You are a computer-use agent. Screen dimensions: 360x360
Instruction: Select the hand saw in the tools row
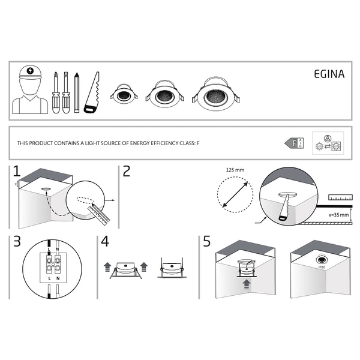click(91, 94)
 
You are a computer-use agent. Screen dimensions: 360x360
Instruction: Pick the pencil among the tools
click(77, 92)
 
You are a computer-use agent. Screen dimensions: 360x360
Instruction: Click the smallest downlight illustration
click(124, 94)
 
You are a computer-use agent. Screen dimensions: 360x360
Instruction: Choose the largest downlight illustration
click(213, 94)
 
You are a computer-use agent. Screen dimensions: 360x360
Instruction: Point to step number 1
click(16, 172)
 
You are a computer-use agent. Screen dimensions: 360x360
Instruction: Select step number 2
click(126, 172)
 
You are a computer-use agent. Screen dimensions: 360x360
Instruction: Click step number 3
click(16, 242)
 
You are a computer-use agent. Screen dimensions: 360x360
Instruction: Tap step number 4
click(106, 242)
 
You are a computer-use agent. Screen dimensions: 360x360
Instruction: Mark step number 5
click(207, 242)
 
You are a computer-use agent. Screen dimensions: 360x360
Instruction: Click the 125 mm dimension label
click(236, 170)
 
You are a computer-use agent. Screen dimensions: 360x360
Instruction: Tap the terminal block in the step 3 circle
click(52, 263)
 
